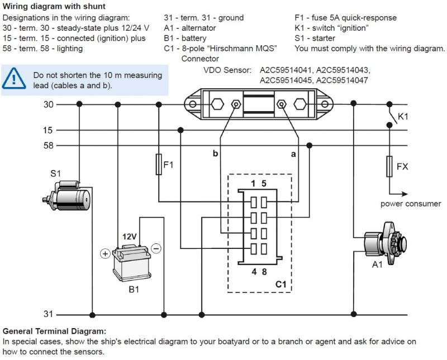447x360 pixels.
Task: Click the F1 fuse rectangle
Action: (159, 165)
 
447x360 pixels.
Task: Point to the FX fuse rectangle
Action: (389, 166)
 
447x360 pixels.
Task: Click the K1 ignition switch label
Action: (403, 118)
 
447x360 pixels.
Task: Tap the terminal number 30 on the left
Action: (48, 104)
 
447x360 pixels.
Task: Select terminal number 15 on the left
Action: (48, 130)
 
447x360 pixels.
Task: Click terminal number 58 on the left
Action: (48, 146)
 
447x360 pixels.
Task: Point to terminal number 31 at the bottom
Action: (48, 314)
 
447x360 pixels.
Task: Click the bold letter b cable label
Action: (215, 153)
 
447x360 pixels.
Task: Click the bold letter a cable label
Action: (293, 154)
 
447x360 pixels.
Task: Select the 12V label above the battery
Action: (130, 237)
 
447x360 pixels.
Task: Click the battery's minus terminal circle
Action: (156, 248)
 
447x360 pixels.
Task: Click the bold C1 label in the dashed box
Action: (280, 284)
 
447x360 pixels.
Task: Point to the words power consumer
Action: (411, 204)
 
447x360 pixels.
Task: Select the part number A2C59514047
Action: (343, 80)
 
